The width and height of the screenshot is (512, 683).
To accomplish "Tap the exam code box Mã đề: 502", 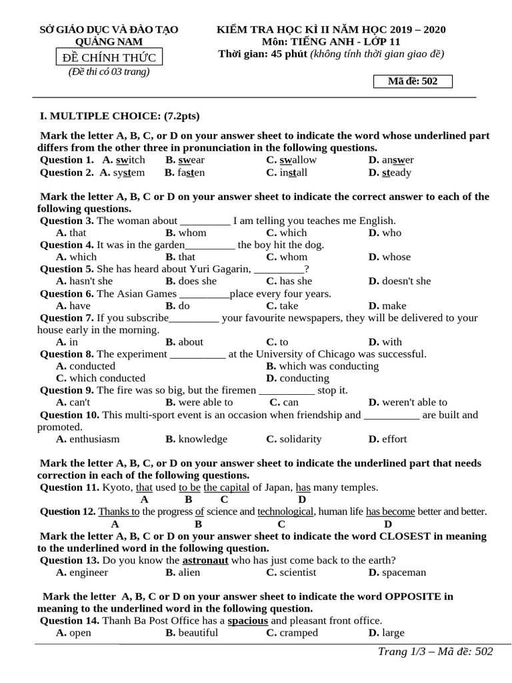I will (413, 81).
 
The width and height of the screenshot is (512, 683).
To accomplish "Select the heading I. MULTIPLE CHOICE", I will (120, 115).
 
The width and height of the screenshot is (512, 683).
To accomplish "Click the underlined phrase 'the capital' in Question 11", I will (227, 488).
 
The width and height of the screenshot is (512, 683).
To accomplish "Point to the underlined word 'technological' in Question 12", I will (285, 512).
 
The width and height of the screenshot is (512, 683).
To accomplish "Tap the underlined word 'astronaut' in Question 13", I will (205, 560).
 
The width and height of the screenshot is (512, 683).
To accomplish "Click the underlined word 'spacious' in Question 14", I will (248, 621).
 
